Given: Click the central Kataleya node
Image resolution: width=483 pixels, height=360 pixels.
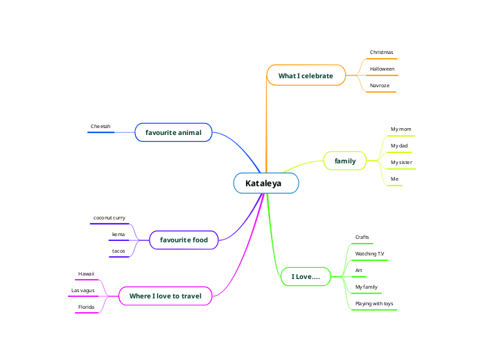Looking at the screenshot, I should point(266,183).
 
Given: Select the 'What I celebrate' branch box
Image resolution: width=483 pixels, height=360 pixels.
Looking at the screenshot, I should point(306,75).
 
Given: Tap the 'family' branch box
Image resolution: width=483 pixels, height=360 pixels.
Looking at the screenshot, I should point(345,161).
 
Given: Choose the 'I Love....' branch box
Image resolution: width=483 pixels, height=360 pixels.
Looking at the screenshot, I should point(306,277).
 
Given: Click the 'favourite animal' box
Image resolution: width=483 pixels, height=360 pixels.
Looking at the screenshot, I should point(173,132).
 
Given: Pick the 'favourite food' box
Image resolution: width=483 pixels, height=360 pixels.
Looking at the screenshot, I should point(184,240).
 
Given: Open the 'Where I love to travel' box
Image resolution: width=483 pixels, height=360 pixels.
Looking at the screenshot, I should point(165,296).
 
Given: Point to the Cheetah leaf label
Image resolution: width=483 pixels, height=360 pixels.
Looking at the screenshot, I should point(100,127).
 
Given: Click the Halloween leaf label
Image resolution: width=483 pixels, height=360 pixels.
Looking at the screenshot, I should point(382,69).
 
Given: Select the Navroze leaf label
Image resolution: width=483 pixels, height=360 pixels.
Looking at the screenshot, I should point(380,86).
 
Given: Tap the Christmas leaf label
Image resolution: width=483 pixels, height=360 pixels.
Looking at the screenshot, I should point(381,53).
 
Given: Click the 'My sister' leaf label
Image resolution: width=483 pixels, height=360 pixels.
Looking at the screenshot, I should point(401,163).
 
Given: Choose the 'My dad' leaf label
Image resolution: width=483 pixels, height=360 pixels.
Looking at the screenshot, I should point(399,146).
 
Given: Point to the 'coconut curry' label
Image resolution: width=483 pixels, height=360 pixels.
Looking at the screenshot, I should point(109,218).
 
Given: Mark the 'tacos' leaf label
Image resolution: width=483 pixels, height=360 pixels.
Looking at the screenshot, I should point(118,251).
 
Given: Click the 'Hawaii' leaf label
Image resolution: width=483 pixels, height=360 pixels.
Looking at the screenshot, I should point(86,274).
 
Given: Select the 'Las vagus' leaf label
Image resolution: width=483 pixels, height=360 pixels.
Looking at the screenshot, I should point(83,291).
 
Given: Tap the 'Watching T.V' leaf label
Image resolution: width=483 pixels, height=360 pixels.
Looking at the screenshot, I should point(369,254).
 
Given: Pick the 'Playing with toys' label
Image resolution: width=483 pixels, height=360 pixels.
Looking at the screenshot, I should point(374,304).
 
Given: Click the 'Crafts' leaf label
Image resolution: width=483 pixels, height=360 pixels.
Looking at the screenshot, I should point(362,237).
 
